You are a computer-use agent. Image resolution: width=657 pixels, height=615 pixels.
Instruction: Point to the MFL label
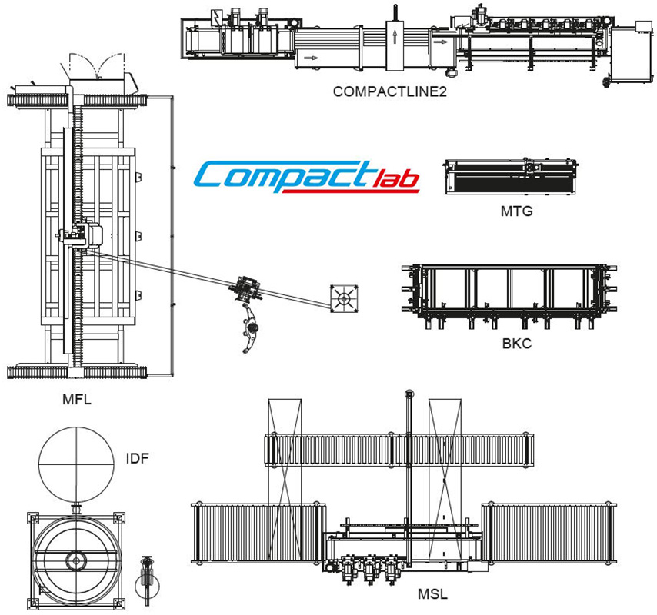78,399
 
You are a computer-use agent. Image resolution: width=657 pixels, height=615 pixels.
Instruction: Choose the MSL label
432,594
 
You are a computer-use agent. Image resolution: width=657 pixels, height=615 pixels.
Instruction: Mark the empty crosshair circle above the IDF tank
76,464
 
